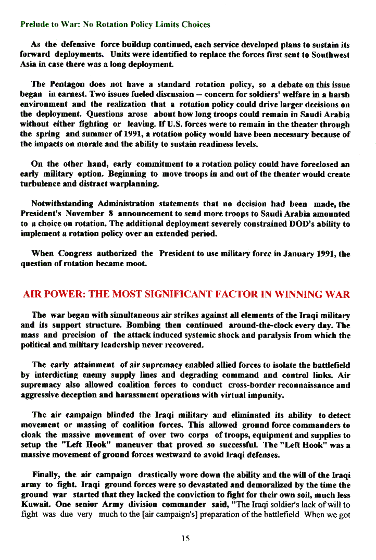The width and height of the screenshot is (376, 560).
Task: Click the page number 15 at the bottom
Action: click(185, 539)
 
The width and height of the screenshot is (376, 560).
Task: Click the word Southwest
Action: click(330, 55)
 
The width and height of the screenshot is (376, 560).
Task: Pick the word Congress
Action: click(76, 254)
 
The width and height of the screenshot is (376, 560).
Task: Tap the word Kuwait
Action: click(35, 505)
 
